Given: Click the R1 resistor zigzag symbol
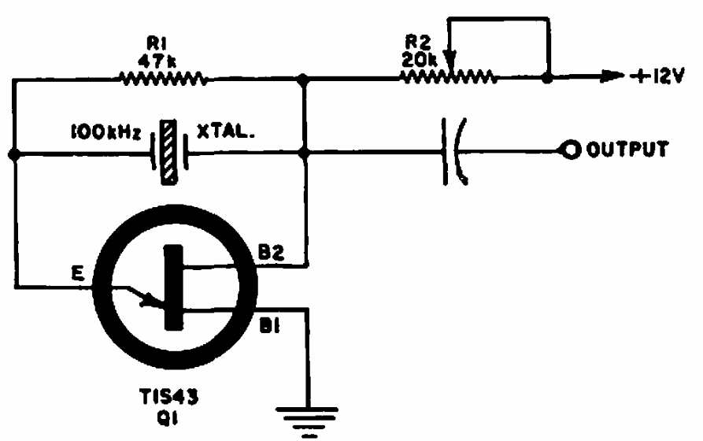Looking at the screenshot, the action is [163, 79].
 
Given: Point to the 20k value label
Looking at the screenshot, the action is [420, 59].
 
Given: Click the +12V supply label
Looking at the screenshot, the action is [657, 76].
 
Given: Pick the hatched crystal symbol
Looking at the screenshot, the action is [169, 152].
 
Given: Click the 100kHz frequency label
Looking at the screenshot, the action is [106, 133].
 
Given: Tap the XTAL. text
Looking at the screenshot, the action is [226, 131].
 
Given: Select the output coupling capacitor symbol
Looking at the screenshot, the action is [454, 151].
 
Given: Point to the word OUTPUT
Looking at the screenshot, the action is [627, 150].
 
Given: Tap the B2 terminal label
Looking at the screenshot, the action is [272, 253].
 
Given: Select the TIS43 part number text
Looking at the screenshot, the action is [169, 397].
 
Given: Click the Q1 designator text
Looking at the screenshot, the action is [167, 419].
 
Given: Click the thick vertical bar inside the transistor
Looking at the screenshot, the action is [173, 287].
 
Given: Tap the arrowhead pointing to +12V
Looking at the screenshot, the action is [612, 76].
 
